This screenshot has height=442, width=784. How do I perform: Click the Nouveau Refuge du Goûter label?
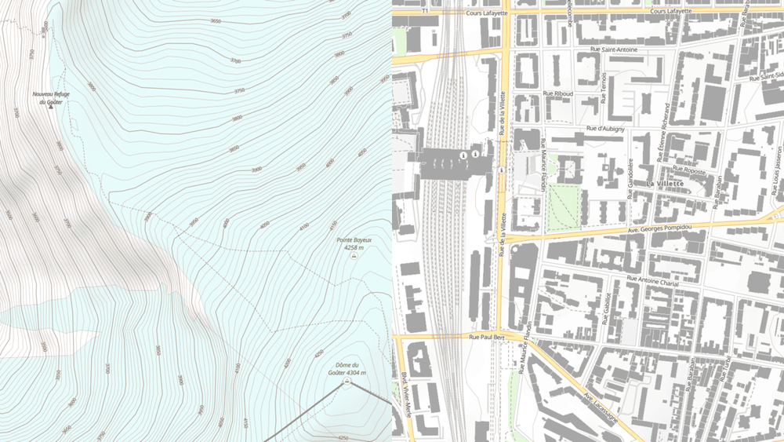[51, 97]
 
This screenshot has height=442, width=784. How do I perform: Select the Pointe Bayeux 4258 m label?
[354, 243]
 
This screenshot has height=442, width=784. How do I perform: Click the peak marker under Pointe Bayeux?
[355, 256]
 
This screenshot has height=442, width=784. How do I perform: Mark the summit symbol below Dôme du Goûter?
[347, 380]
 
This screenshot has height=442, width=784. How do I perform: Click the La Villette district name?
[665, 184]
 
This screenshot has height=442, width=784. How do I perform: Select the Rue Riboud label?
[558, 93]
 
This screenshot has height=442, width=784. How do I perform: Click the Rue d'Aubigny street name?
[605, 128]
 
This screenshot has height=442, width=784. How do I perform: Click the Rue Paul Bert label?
[485, 337]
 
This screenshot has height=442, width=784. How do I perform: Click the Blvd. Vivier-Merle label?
[407, 393]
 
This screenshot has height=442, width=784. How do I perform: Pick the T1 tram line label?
[424, 12]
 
